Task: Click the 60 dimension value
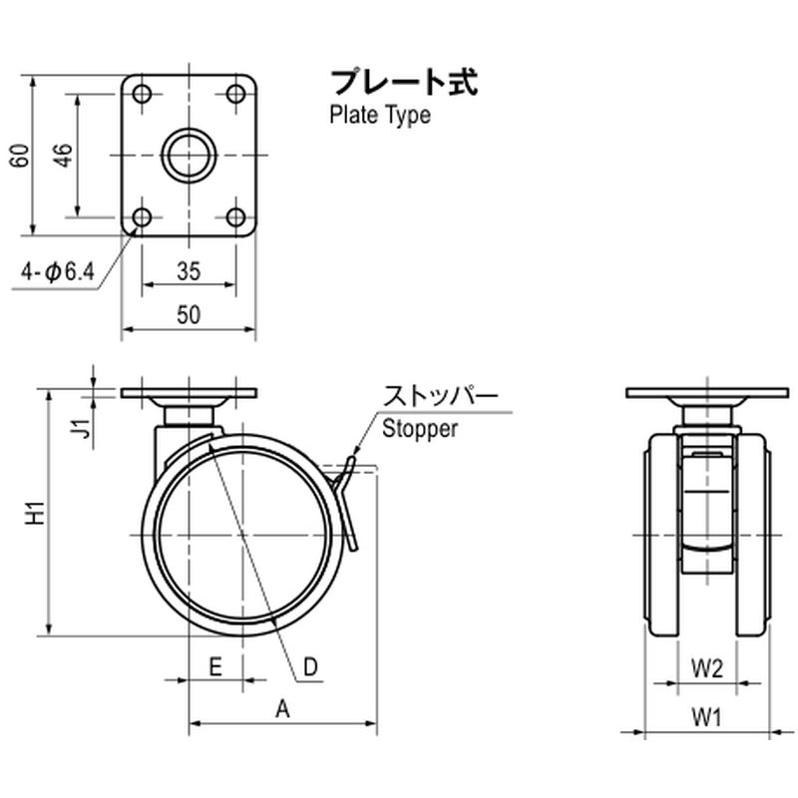point(20,156)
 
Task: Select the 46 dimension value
point(64,156)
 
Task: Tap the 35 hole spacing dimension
point(189,271)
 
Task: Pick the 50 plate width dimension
point(189,315)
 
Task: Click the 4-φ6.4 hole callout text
point(58,272)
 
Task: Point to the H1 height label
point(37,513)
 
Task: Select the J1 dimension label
point(81,429)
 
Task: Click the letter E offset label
point(215,666)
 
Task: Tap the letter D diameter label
point(310,666)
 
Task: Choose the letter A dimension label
point(283,709)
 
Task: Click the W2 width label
point(707,668)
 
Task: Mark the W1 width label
point(707,718)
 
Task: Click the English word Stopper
point(420,429)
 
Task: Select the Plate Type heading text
point(380,115)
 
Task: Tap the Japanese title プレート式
point(405,83)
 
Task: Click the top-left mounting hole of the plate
point(142,94)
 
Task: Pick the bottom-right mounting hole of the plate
point(235,217)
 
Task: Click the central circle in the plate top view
point(189,156)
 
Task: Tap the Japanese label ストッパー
point(441,396)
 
